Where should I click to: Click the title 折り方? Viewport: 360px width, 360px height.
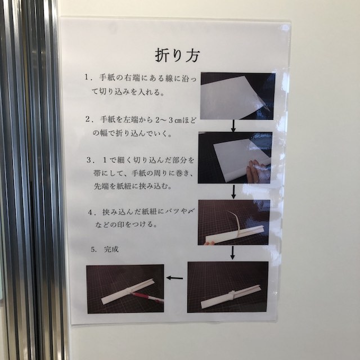[178, 55]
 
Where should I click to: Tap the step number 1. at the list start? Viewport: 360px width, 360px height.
[88, 77]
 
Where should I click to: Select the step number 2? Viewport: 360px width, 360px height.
[89, 119]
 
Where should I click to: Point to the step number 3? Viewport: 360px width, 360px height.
[90, 160]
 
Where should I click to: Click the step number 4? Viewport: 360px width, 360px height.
[92, 213]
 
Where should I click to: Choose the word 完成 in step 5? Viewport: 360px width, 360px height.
[111, 249]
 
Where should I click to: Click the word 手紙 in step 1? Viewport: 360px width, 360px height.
[107, 77]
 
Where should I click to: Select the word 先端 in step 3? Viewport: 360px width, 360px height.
[101, 186]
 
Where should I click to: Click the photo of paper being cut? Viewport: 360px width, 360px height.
[237, 96]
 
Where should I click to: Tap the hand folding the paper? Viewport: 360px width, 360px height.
[256, 171]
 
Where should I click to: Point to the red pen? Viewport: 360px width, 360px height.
[147, 297]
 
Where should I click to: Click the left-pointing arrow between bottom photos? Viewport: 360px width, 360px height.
[174, 278]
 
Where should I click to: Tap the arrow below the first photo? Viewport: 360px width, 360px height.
[233, 126]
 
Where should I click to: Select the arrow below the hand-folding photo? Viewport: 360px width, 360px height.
[233, 192]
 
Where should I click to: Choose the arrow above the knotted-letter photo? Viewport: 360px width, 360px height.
[232, 253]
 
